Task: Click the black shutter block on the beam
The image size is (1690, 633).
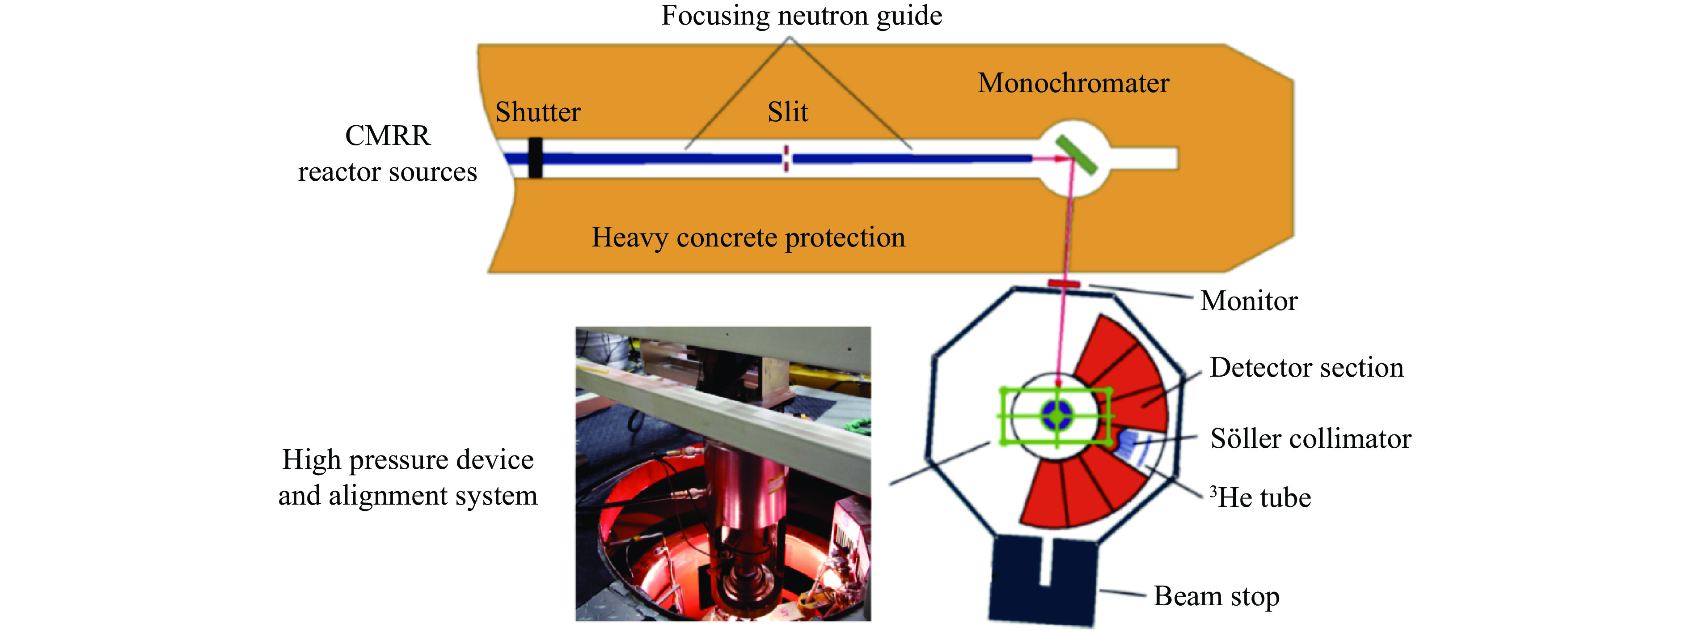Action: [x=535, y=157]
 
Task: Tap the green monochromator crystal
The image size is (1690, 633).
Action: [x=1076, y=154]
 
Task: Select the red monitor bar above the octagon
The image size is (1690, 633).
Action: [x=1064, y=284]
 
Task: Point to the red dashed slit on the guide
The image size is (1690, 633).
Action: [x=786, y=158]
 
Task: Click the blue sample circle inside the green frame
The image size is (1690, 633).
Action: [x=1057, y=415]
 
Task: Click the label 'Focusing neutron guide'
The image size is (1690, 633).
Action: [x=801, y=16]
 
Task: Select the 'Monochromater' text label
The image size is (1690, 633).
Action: [x=1073, y=83]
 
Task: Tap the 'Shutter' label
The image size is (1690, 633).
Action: [x=538, y=112]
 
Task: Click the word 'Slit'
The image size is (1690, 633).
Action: [x=787, y=112]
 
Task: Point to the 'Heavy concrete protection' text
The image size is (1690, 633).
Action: [x=748, y=238]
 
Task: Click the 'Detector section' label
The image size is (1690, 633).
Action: [x=1306, y=368]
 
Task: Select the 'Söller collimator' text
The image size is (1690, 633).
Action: [x=1310, y=439]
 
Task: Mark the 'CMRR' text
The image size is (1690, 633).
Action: [x=387, y=136]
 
